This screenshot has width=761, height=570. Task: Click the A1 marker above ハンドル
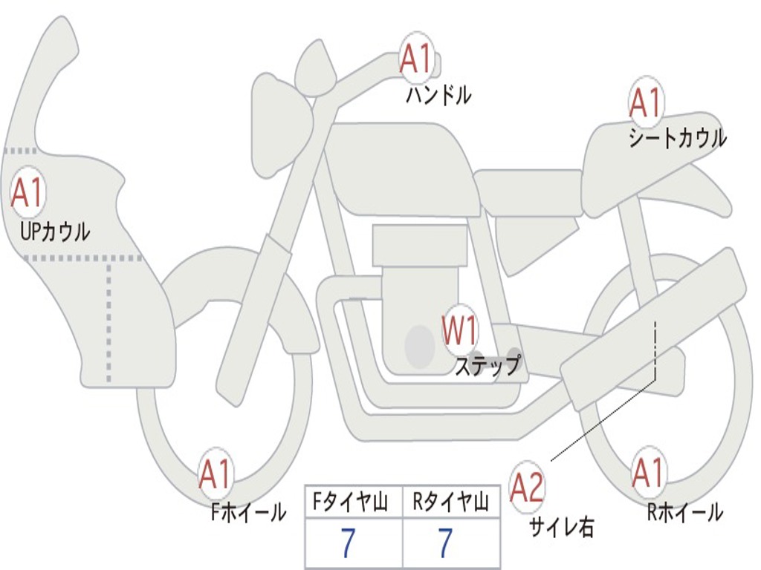tap(416, 59)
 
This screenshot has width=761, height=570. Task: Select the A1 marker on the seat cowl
tap(645, 103)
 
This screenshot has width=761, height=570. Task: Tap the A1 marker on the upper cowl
tap(28, 193)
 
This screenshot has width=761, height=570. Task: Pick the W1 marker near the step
tap(460, 331)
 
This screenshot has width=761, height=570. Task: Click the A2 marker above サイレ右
tap(528, 486)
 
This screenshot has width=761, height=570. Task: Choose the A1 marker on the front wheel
tap(216, 474)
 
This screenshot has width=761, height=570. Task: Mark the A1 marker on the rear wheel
tap(648, 473)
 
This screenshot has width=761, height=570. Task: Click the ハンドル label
tap(438, 95)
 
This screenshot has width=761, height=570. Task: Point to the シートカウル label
tap(677, 138)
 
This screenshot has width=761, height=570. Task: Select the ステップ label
tap(488, 366)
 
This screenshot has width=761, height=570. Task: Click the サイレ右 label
tap(562, 526)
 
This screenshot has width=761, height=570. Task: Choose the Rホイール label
tap(684, 511)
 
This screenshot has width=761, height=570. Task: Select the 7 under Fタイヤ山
tap(347, 543)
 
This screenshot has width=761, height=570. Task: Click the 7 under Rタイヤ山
tap(445, 543)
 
